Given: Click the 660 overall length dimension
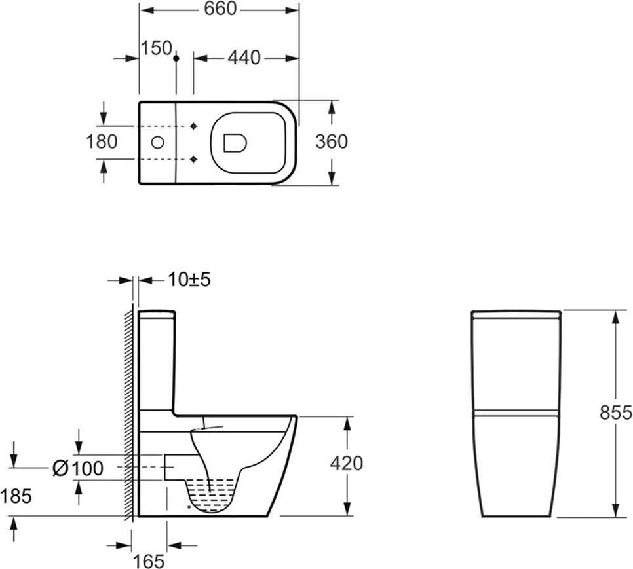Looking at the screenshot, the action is click(220, 9).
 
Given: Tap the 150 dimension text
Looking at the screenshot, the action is click(157, 48).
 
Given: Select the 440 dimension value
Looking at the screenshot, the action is click(244, 58).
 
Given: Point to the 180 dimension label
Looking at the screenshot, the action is click(102, 141).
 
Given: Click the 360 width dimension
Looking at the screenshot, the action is click(332, 141).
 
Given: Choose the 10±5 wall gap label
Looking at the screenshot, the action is click(189, 280).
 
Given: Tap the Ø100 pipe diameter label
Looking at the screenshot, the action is click(79, 468).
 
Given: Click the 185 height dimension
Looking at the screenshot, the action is click(16, 496).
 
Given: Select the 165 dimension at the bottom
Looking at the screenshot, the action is click(149, 561).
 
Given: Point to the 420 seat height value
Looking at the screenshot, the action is click(347, 464).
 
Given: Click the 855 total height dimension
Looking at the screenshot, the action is click(616, 413).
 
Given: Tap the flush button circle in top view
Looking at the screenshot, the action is click(157, 142).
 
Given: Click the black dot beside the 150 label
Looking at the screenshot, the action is click(176, 58).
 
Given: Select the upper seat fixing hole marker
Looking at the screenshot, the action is click(194, 126).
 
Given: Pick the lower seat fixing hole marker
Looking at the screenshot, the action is click(194, 159).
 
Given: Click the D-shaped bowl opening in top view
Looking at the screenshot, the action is click(235, 143).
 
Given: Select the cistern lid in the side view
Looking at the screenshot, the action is click(157, 314).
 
